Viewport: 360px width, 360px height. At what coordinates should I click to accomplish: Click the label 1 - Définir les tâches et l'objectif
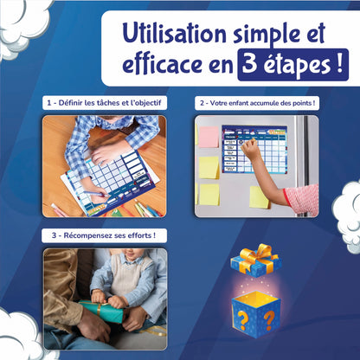pos(104,103)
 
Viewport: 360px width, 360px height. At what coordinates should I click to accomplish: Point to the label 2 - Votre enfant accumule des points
pos(256,103)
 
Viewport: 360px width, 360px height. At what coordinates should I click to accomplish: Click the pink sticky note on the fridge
pos(209,136)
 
